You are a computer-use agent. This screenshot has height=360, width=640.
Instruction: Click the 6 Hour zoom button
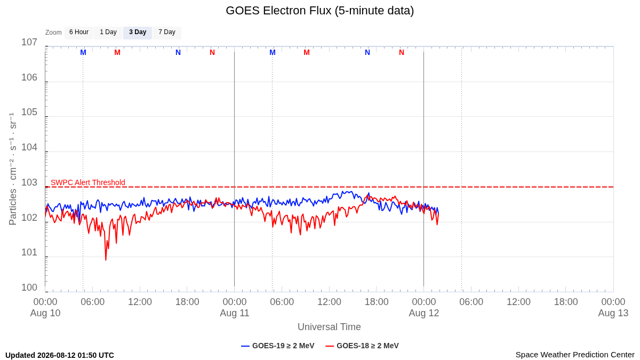79,33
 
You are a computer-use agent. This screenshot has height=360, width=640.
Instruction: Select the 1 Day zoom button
108,33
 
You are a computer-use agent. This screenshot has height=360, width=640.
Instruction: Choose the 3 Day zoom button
138,33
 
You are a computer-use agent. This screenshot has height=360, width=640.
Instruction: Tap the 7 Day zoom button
167,33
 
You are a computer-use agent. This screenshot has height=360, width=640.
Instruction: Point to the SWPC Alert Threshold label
88,182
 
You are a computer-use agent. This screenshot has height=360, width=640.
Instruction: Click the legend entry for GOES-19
278,346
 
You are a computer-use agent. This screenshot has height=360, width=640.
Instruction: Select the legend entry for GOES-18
362,346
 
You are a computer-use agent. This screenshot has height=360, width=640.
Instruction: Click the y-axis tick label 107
29,42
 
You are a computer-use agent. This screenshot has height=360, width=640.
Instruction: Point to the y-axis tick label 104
29,147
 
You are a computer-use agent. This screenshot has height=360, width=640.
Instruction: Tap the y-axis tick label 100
29,287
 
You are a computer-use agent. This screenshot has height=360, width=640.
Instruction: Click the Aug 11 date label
235,313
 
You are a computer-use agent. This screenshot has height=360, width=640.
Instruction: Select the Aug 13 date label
613,313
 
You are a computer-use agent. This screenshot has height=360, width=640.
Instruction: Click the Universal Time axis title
329,327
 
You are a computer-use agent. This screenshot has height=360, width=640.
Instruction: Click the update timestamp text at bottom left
60,355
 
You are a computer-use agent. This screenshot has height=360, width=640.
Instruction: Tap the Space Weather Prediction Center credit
575,355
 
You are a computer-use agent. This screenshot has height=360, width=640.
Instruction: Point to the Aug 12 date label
423,313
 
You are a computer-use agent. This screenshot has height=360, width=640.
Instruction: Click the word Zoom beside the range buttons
53,33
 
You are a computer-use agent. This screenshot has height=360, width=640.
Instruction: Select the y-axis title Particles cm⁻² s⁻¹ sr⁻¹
13,169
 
